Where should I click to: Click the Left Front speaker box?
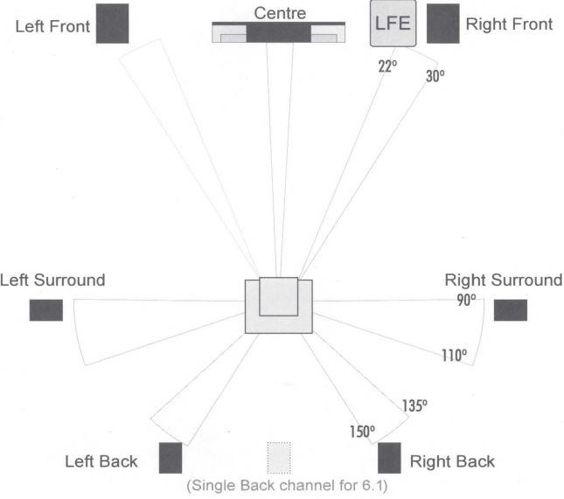pos(112,24)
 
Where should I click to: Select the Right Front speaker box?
pos(443,24)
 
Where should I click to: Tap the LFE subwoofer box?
pos(393,24)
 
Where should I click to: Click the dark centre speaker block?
pos(278,33)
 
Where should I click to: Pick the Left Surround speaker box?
pos(46,310)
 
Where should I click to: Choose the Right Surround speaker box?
pos(511,310)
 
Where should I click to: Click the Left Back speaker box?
pos(171,458)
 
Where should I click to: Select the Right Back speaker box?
pos(389,458)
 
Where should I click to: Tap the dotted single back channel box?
pos(279,458)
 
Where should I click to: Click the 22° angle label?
pos(387,66)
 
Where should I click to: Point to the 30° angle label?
pos(435,76)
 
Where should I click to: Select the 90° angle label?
pos(466,300)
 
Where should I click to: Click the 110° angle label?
pos(455,355)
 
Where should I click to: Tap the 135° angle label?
pos(414,405)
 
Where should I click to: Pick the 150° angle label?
pos(362,432)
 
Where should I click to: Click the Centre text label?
pos(280,13)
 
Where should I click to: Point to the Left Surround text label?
pos(52,280)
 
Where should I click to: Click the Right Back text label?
pos(452,461)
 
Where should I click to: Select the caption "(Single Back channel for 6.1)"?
pos(287,486)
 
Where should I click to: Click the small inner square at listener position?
pos(279,296)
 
